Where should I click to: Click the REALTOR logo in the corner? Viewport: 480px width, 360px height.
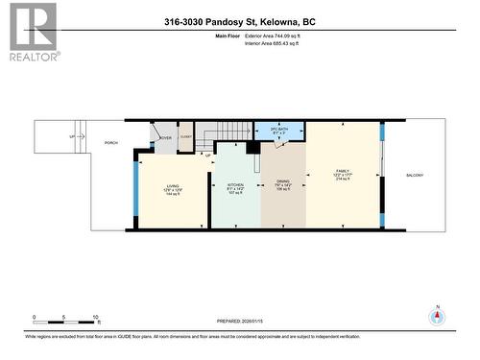click(x=32, y=32)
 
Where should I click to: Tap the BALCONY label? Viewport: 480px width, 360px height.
click(x=414, y=175)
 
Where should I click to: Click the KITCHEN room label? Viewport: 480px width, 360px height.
click(x=235, y=184)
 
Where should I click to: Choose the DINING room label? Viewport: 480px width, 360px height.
click(x=282, y=184)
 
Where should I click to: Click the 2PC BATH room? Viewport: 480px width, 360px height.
click(x=278, y=131)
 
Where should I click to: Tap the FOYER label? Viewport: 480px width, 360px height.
click(x=165, y=137)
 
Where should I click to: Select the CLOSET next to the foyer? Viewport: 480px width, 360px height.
click(x=185, y=137)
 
